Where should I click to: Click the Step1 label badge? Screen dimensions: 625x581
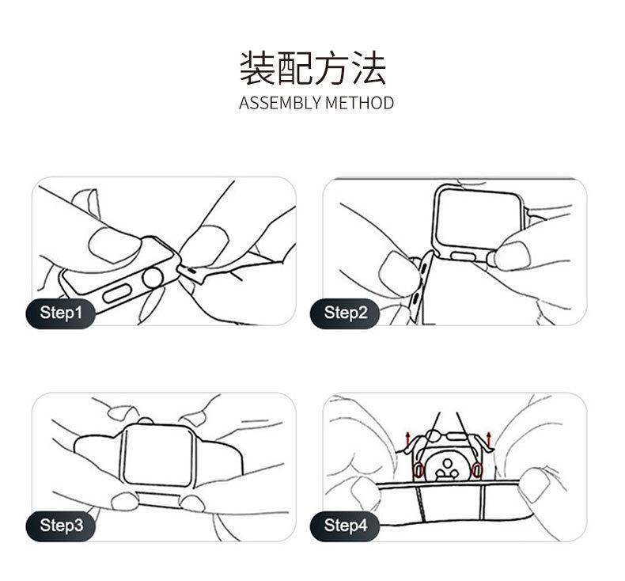pos(61,313)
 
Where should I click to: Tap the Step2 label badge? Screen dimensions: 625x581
pos(345,313)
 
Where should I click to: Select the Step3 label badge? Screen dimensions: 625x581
pos(61,526)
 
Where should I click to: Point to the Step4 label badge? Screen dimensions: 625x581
pos(345,526)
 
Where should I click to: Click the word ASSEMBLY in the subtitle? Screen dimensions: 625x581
pos(280,103)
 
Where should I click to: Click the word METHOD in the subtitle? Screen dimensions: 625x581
pos(359,103)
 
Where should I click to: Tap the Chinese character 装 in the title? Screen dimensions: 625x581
pos(257,67)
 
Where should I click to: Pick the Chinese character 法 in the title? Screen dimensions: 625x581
pos(369,67)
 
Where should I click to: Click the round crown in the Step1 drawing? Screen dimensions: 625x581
pos(153,278)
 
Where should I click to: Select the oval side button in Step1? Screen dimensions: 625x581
pos(117,294)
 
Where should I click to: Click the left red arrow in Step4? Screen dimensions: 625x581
pos(407,439)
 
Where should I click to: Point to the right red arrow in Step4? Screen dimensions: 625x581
pos(489,439)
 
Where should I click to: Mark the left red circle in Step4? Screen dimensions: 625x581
pos(419,470)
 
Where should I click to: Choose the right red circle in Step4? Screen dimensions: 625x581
pos(477,470)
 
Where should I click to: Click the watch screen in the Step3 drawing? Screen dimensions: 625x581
pos(157,454)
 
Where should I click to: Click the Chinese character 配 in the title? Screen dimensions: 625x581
pos(294,67)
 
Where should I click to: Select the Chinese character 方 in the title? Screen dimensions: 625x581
pos(331,67)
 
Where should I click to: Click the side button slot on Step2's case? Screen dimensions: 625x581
pos(463,256)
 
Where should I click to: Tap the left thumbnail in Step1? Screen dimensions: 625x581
pos(115,245)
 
